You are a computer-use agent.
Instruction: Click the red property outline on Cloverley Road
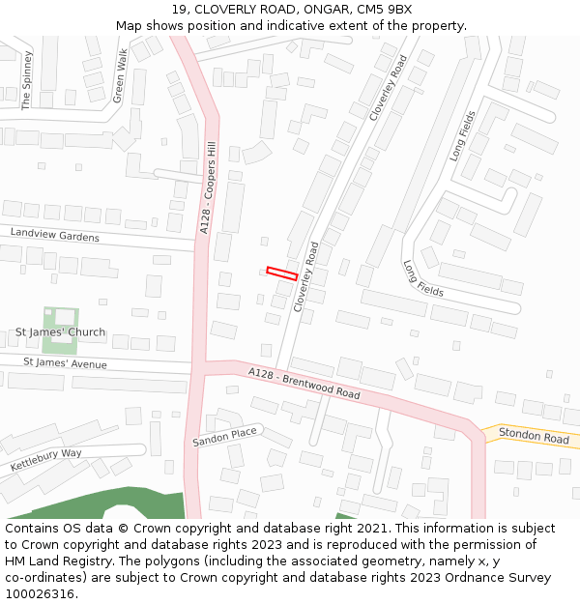(x=281, y=273)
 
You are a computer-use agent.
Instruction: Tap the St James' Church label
(x=60, y=333)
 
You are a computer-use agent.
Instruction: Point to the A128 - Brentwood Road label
(x=304, y=384)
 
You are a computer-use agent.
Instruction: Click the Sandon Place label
(x=225, y=437)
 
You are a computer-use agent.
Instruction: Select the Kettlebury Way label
(x=46, y=459)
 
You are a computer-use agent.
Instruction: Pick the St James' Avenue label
(x=65, y=363)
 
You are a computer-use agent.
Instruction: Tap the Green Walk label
(x=120, y=75)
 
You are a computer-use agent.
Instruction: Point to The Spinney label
(x=27, y=88)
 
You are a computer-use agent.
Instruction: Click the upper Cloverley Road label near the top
(x=389, y=87)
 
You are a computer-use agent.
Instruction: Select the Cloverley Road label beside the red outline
(x=312, y=275)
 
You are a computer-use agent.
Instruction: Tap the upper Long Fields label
(x=463, y=135)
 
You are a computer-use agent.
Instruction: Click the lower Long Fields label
(x=423, y=278)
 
